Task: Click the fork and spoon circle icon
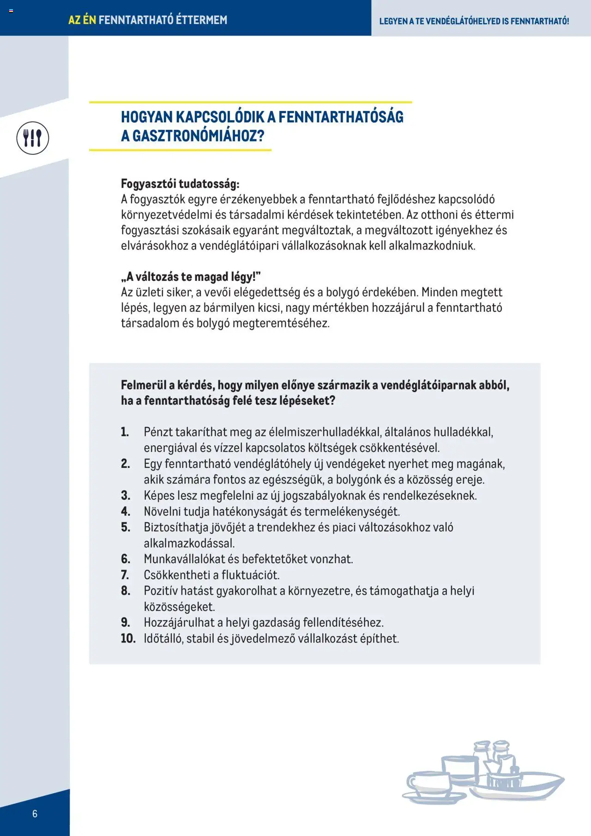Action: tap(33, 138)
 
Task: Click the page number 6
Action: tap(35, 813)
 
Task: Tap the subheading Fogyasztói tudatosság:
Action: tap(180, 184)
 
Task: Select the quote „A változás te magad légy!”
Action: tap(191, 277)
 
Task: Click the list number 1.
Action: tap(125, 432)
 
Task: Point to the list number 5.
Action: tap(126, 527)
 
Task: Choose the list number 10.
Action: tap(128, 638)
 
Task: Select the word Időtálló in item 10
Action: tap(163, 638)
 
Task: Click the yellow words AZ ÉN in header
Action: tap(82, 20)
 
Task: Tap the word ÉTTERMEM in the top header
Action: tap(202, 20)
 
